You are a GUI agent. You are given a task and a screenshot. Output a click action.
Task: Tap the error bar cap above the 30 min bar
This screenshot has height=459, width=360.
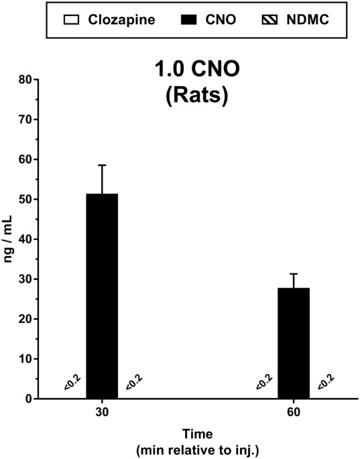(102, 165)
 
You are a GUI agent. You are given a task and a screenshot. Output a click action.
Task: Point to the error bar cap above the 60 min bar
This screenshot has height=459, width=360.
(294, 273)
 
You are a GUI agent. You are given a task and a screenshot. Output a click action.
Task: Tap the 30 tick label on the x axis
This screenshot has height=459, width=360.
(102, 411)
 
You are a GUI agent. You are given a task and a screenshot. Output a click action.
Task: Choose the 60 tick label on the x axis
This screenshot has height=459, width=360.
(294, 411)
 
